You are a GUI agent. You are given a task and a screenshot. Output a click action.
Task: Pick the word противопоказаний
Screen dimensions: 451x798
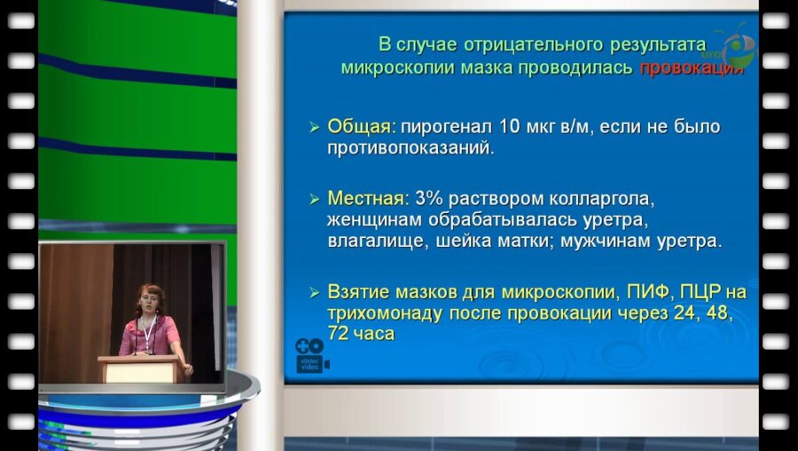coord(410,148)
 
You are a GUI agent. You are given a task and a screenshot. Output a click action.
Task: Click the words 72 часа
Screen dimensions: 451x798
coord(361,335)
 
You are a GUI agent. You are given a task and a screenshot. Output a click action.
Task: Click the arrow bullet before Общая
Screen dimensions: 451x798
coord(314,129)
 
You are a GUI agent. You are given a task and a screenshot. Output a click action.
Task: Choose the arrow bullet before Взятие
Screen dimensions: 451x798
coord(314,293)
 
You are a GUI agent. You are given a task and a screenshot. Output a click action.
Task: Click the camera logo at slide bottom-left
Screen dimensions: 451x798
coord(311,354)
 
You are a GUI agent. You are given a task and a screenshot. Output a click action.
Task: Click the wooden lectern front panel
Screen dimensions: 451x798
coord(141,370)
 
